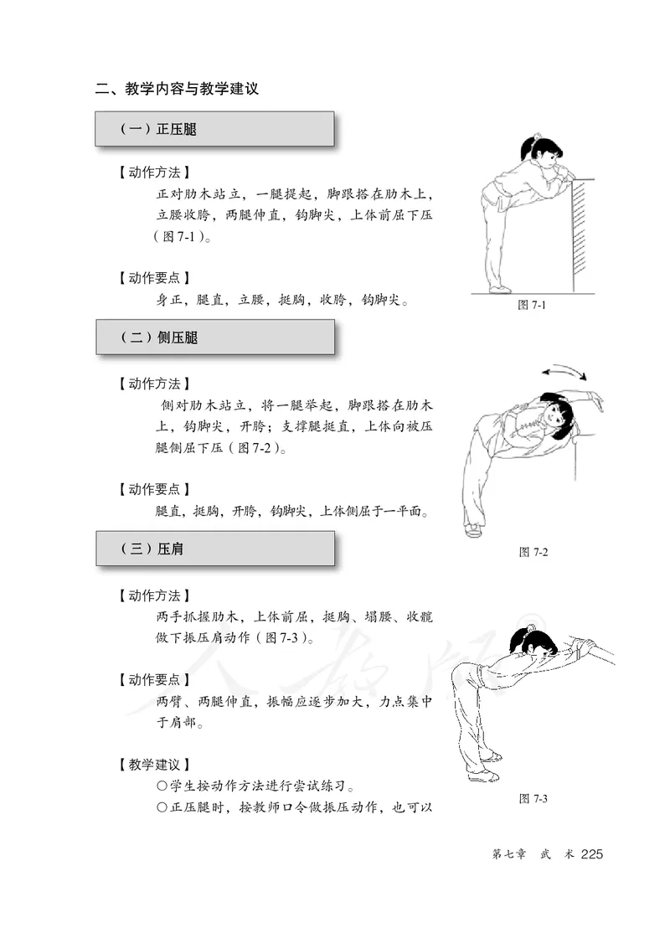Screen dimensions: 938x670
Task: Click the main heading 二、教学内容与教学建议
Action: (x=177, y=88)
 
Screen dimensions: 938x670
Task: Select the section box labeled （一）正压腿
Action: (x=214, y=130)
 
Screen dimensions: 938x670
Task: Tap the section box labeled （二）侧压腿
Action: (x=214, y=338)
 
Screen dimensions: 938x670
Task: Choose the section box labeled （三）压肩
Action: (x=214, y=549)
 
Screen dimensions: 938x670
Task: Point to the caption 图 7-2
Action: (x=533, y=552)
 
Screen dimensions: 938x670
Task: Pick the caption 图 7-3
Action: (x=533, y=798)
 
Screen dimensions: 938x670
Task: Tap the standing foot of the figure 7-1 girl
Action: (x=499, y=289)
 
